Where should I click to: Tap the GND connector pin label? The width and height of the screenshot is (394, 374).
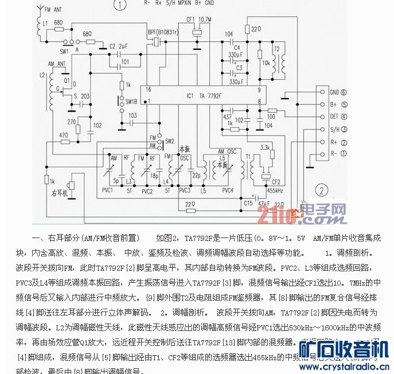tap(334, 92)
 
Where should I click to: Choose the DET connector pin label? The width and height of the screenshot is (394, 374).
tap(334, 117)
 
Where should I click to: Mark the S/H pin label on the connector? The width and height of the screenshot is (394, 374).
tap(334, 130)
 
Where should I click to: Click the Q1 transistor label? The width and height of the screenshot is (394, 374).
tap(67, 81)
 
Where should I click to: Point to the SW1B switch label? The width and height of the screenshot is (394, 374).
tap(131, 102)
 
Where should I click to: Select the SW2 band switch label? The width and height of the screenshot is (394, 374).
tap(169, 141)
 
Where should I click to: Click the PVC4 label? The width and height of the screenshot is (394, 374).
tap(228, 190)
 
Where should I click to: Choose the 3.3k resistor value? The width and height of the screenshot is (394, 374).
tap(265, 148)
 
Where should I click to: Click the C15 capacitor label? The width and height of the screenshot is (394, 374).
tap(248, 202)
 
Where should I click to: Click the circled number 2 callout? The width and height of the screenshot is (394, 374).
tap(324, 191)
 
